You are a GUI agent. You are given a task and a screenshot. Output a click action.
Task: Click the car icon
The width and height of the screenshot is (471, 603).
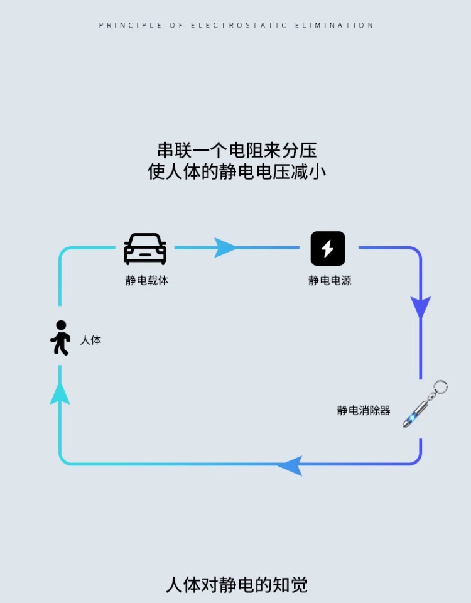[145, 249]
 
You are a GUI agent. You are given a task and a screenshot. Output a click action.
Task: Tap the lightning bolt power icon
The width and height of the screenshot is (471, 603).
[328, 249]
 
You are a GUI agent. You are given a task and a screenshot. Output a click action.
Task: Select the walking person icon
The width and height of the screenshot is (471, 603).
[61, 338]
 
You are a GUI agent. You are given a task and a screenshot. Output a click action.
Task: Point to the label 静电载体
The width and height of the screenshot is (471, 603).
[146, 281]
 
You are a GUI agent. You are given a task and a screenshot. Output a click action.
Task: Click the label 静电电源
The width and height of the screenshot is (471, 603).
[329, 281]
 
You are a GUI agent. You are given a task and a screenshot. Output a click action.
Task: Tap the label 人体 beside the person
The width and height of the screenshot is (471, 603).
[90, 340]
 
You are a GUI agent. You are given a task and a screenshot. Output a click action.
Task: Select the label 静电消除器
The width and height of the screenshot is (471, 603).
[364, 411]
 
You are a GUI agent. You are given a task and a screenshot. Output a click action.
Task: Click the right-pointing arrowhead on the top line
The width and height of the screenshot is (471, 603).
[225, 247]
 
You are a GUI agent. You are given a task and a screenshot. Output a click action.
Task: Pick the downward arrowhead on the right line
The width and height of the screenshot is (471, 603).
[420, 307]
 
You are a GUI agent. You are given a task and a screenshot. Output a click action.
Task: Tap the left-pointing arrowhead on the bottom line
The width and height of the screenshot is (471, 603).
[290, 465]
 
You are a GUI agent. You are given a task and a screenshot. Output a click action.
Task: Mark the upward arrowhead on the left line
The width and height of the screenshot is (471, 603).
[60, 393]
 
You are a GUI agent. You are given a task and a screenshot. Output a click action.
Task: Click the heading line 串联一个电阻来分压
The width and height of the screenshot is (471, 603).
[237, 150]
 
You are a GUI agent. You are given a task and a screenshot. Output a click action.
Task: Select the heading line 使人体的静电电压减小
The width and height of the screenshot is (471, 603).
[237, 171]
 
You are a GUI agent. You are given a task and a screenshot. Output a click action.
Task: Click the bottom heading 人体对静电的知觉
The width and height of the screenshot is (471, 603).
[237, 585]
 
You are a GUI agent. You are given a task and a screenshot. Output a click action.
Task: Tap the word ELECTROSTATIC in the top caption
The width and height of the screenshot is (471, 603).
[239, 26]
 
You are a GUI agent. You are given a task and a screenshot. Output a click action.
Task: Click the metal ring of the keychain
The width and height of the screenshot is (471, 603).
[440, 387]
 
